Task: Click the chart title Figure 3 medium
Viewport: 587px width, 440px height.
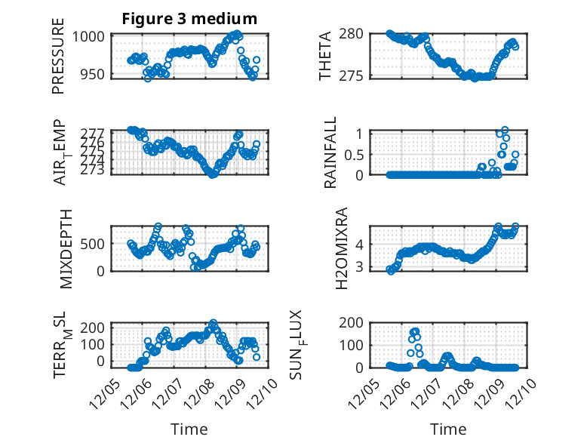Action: (x=189, y=19)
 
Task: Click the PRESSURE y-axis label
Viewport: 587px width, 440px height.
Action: (x=58, y=55)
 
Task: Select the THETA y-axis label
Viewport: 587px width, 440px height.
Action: (x=325, y=55)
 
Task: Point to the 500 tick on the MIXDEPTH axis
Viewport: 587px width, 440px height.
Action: (x=94, y=244)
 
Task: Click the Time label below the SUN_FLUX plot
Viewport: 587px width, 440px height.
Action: (x=448, y=429)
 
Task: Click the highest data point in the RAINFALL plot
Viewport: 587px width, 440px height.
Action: (x=505, y=130)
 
